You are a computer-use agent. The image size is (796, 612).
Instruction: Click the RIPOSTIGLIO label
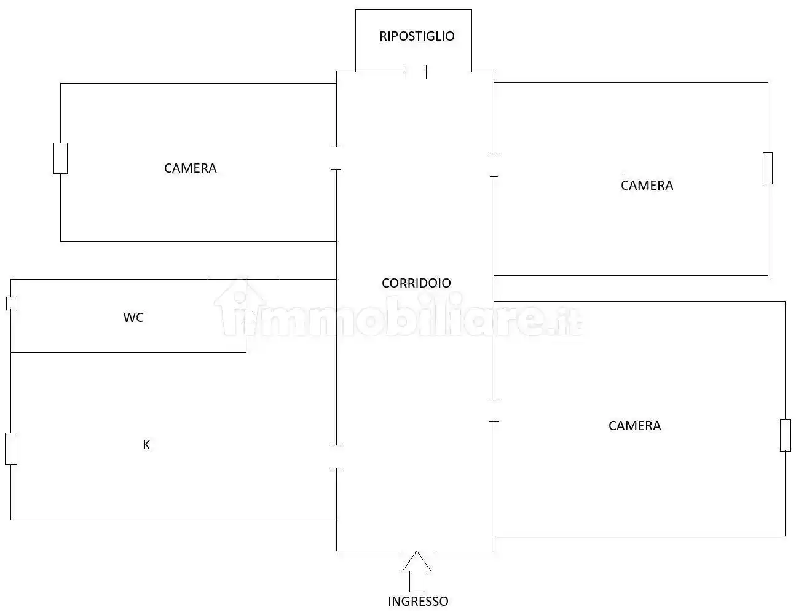point(417,36)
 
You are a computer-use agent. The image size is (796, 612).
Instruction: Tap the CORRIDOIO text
point(416,283)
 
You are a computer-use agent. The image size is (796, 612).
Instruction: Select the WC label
point(133,317)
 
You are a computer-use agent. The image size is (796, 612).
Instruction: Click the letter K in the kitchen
point(146,445)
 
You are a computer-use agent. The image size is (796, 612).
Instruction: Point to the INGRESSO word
point(418,602)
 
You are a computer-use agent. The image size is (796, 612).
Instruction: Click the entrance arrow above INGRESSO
point(417,571)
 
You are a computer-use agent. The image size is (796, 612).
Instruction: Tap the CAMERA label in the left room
point(190,168)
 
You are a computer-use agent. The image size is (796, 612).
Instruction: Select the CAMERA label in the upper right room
point(647,186)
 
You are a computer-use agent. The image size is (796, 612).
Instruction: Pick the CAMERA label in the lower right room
point(635,426)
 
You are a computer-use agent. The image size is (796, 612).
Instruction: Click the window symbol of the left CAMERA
point(60,158)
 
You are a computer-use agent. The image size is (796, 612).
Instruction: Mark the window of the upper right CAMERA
point(768,168)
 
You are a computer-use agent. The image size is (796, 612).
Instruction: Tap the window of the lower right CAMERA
point(786,435)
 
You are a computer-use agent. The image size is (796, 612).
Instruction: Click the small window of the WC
point(10,304)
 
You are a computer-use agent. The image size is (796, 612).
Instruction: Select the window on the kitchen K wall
point(11,449)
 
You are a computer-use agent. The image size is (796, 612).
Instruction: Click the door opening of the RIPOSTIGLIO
point(416,71)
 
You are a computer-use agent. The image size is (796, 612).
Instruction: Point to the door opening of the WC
point(246,317)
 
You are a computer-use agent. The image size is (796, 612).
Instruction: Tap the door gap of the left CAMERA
point(336,158)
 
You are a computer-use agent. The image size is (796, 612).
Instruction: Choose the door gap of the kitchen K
point(337,457)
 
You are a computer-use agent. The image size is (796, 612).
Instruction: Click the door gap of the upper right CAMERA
point(494,165)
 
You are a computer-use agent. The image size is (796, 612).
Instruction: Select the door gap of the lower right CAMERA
point(494,410)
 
